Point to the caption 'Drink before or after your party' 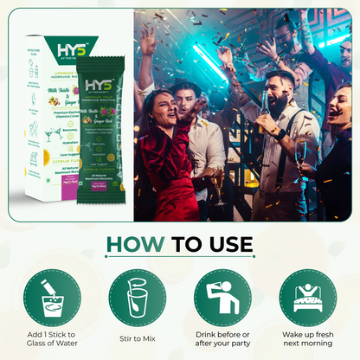click(x=223, y=340)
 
